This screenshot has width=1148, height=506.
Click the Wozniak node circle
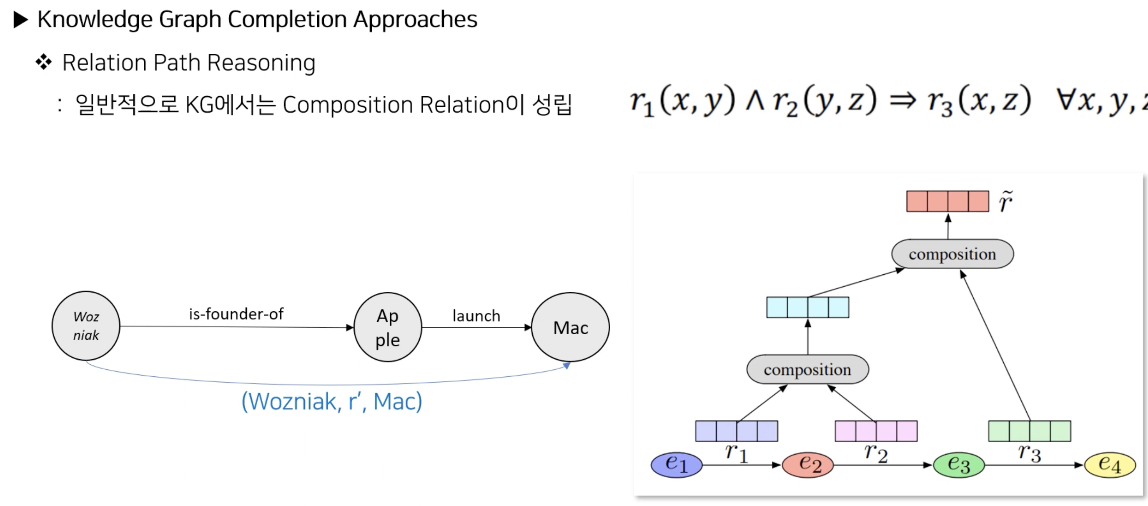[85, 326]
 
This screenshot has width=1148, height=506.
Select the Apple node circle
[387, 327]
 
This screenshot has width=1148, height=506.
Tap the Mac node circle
[570, 327]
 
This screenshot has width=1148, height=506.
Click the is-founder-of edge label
[236, 314]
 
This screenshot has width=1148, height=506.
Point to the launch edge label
[476, 316]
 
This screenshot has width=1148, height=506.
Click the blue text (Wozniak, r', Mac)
[331, 401]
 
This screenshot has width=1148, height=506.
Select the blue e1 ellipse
[676, 465]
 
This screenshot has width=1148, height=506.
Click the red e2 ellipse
[807, 465]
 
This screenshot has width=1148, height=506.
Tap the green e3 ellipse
[958, 465]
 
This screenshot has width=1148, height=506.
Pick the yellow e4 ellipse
[1109, 465]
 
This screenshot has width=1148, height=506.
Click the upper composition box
[952, 254]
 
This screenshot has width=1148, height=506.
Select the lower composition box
[807, 369]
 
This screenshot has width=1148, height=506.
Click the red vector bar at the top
[947, 201]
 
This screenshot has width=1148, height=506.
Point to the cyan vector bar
[807, 307]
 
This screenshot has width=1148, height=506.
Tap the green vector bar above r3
[1030, 431]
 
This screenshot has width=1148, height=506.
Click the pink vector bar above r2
[876, 431]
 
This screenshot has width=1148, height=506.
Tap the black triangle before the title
[21, 20]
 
